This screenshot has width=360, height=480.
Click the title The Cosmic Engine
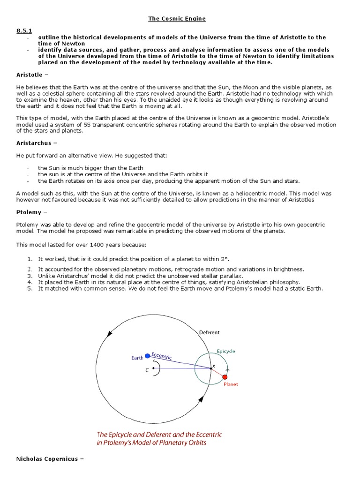point(177,18)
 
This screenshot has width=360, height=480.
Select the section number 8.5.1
point(24,30)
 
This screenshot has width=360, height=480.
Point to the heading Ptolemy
point(30,212)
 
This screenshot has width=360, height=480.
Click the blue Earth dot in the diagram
point(148,356)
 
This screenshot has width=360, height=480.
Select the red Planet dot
point(225,377)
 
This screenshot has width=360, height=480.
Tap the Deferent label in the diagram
point(209,332)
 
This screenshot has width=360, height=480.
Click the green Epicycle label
point(226,351)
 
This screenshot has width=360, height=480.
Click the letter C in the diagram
point(147,369)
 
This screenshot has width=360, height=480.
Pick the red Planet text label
point(231,384)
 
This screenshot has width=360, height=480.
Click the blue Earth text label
point(137,358)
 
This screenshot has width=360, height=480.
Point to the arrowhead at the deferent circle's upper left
point(110,334)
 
